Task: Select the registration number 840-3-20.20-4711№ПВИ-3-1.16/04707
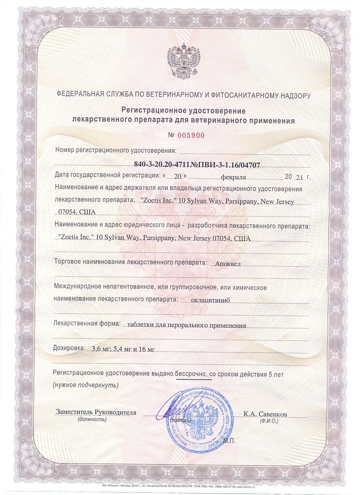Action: pos(197,165)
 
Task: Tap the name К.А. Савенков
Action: pos(265,414)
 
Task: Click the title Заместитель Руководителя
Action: pos(96,412)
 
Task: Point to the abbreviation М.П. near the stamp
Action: pos(232,441)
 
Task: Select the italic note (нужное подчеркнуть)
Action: pos(85,385)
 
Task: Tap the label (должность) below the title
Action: pos(92,420)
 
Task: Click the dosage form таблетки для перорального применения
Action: pos(185,325)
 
